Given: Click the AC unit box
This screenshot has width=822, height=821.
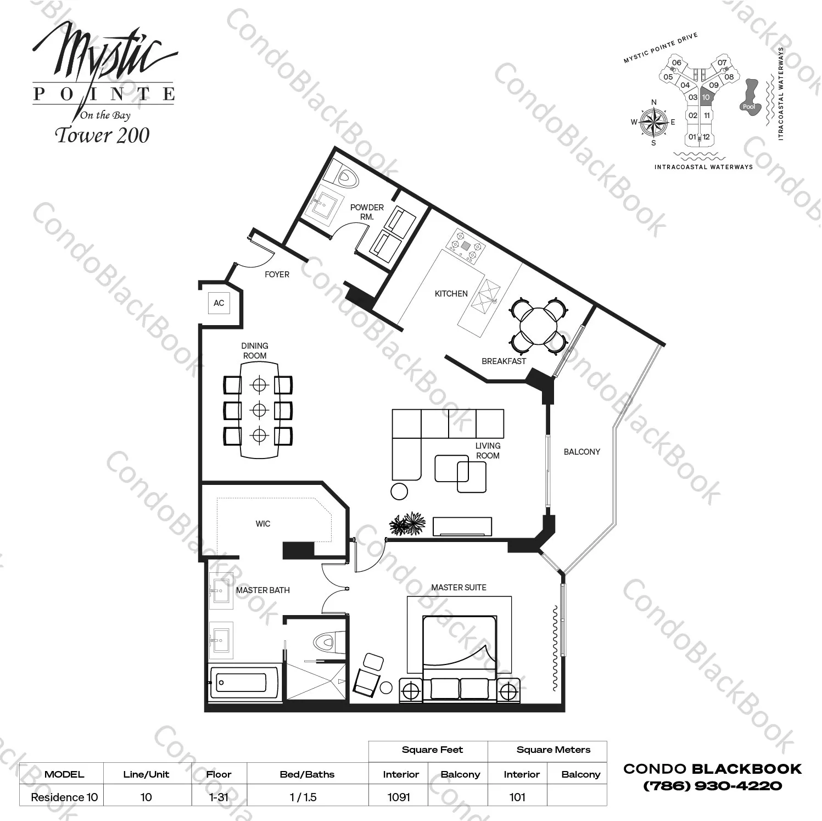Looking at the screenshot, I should pos(219,303).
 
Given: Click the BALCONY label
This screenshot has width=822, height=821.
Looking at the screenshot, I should pos(581,452).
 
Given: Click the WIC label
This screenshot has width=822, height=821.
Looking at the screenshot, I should pos(262,524).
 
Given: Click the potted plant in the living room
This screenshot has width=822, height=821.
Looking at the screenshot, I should pos(407,524).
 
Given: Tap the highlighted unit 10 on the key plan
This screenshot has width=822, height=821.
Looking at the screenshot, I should pos(706,97).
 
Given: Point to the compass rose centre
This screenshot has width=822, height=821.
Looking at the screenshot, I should pos(653,122).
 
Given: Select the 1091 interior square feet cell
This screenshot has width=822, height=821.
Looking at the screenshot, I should pos(399,797).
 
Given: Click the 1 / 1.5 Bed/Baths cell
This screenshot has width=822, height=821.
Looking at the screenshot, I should pos(303,797).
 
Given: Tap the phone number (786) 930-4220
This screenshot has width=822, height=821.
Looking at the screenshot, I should pos(712,786).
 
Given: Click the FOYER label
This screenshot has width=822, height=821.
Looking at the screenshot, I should pos(277,275).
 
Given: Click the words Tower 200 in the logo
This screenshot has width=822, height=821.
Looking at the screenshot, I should pos(102,136).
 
